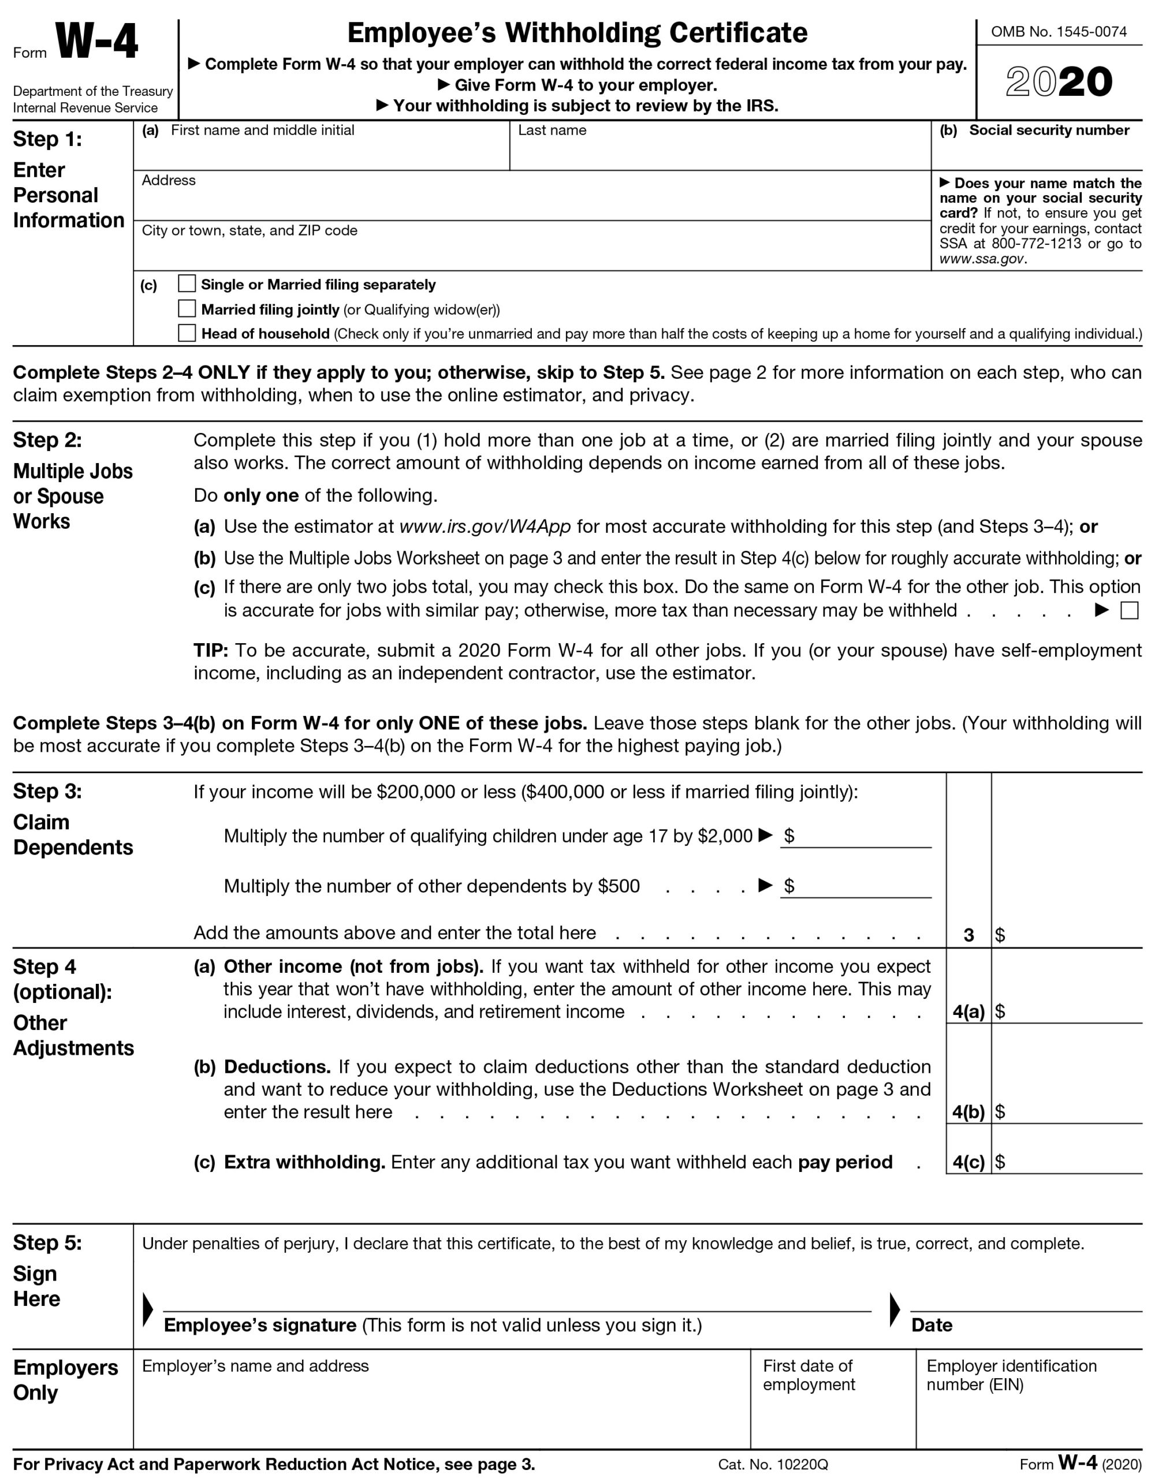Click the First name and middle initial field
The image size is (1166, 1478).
point(321,154)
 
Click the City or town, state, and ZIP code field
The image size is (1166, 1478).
point(532,252)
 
